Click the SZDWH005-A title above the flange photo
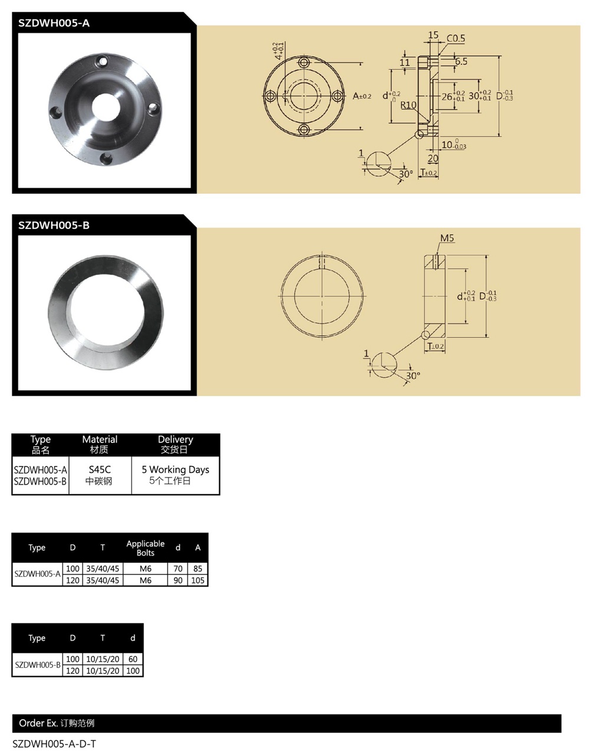[54, 23]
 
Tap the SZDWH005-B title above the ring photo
[54, 225]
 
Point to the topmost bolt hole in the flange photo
[103, 61]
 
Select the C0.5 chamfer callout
[455, 38]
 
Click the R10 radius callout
[408, 105]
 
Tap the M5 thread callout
[447, 238]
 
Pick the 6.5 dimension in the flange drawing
[461, 61]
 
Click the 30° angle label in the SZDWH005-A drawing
[406, 174]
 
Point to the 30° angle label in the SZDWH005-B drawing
[413, 376]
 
